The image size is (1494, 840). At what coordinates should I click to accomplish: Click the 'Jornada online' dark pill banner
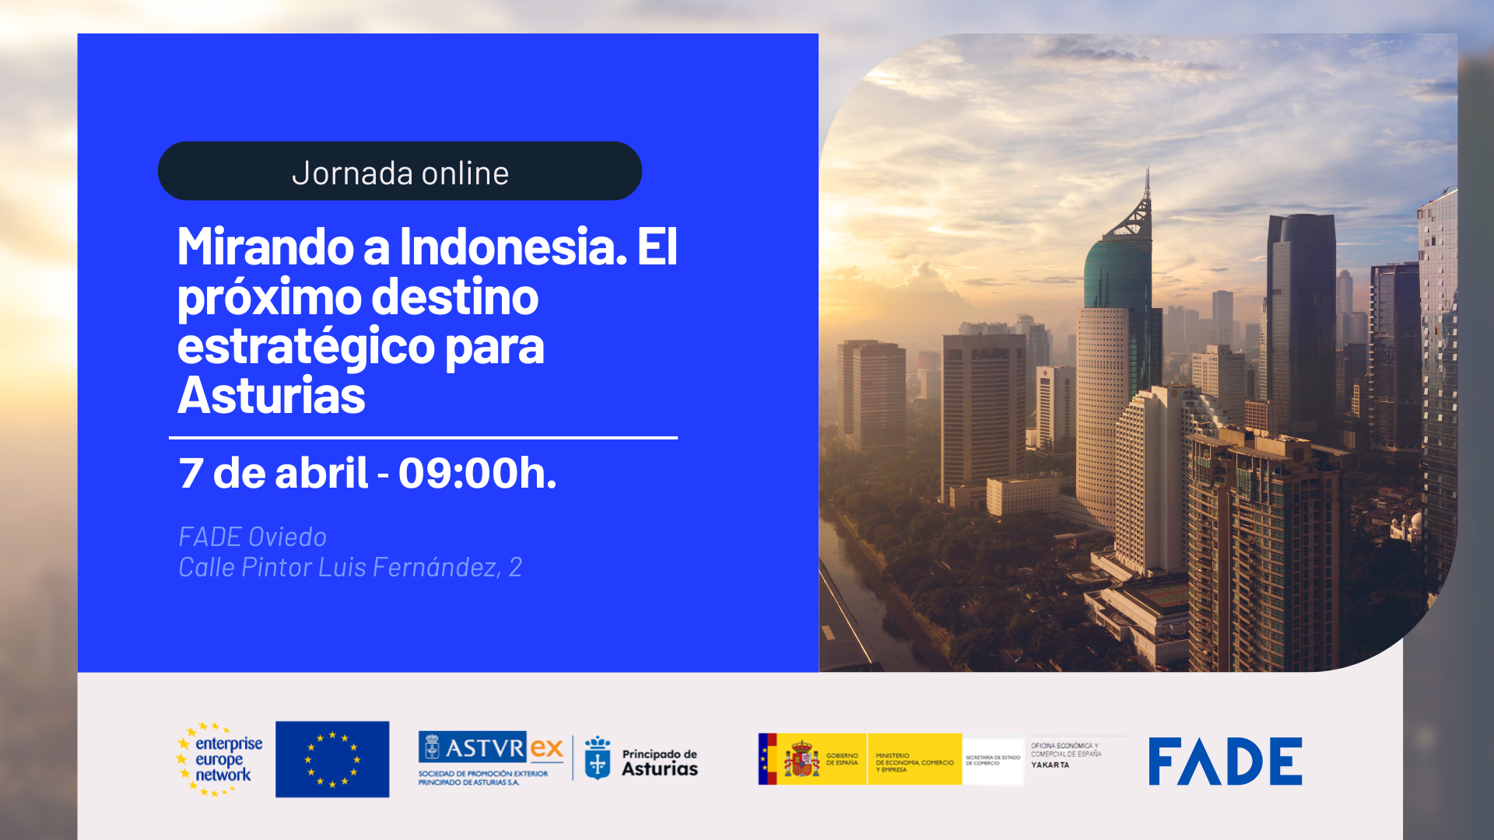click(399, 171)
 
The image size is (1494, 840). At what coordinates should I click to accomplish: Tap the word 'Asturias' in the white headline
click(271, 396)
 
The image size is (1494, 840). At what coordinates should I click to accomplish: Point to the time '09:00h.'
click(477, 473)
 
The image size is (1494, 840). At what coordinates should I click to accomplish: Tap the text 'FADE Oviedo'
click(252, 537)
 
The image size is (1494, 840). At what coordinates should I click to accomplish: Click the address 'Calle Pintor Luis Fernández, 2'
click(349, 567)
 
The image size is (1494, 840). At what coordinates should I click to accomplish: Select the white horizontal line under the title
click(423, 438)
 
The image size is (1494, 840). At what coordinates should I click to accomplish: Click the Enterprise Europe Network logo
click(220, 759)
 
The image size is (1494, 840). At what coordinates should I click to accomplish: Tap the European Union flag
click(332, 759)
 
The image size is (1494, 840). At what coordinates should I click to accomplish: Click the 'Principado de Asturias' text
click(659, 762)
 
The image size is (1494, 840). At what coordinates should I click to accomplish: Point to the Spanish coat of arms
click(801, 759)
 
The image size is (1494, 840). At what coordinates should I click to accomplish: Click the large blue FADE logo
click(1225, 761)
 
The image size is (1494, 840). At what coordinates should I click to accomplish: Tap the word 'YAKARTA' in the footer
click(1050, 765)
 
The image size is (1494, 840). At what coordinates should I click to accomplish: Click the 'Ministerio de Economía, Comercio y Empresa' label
click(914, 762)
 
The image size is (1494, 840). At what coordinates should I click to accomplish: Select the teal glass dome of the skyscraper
click(1117, 272)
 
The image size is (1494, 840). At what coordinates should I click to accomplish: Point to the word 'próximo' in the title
click(269, 297)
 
